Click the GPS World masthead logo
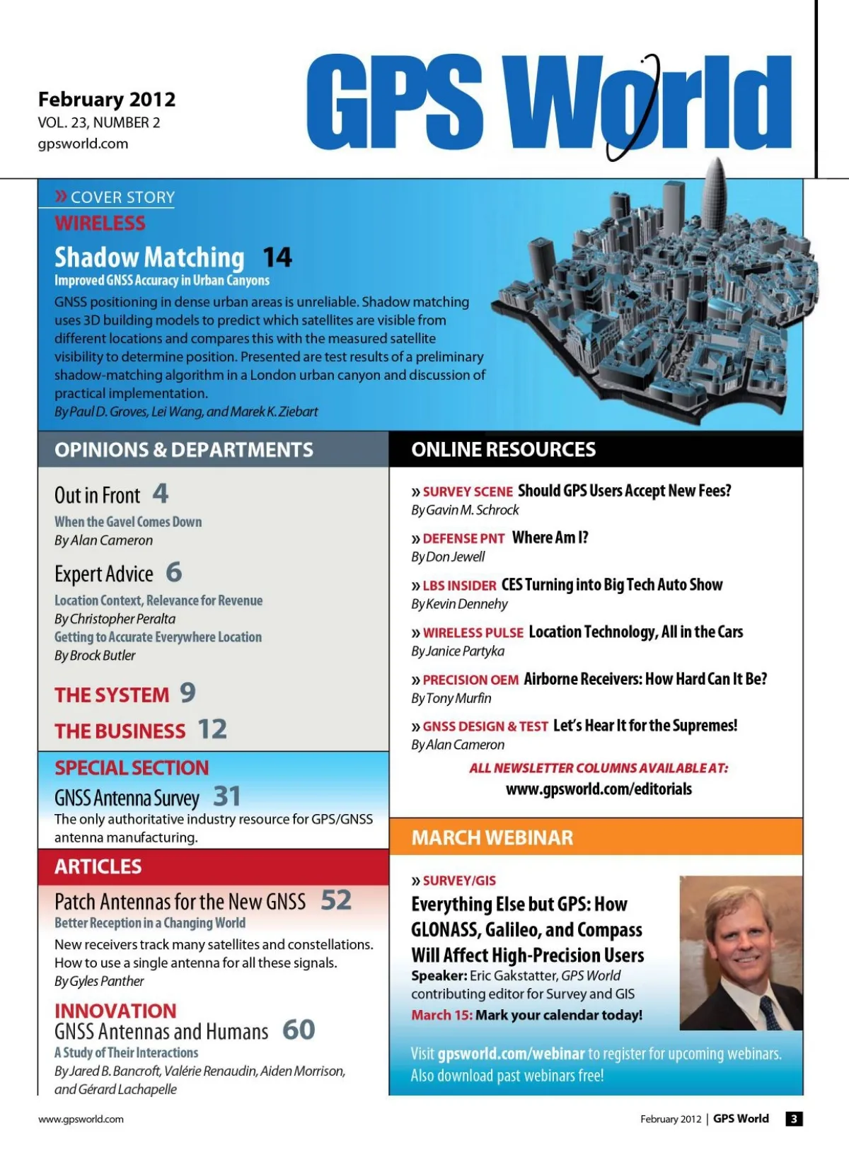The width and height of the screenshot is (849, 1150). click(x=548, y=103)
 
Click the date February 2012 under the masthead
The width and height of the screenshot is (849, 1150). click(x=107, y=99)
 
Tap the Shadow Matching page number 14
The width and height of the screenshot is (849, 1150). click(x=277, y=257)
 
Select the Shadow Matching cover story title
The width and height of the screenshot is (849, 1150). click(x=149, y=257)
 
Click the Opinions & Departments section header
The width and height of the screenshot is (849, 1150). click(x=184, y=450)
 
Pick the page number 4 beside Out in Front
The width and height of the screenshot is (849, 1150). click(x=161, y=493)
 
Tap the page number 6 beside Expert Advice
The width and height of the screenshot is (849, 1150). click(x=174, y=571)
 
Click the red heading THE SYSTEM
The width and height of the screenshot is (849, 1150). click(x=112, y=695)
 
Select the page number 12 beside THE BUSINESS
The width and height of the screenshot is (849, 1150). click(x=212, y=729)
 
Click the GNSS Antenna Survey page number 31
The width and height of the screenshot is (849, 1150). click(x=226, y=797)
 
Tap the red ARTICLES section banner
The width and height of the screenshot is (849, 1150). click(x=213, y=866)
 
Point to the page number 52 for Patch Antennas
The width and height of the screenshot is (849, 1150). click(x=336, y=900)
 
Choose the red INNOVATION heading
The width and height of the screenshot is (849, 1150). click(x=115, y=1011)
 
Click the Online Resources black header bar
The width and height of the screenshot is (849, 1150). click(x=596, y=450)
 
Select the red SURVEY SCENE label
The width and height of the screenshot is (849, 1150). click(x=468, y=492)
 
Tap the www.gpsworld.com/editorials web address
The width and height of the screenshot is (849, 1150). click(x=599, y=789)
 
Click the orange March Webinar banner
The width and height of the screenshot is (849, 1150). click(x=596, y=837)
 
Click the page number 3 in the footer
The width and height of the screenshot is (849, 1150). click(x=794, y=1119)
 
